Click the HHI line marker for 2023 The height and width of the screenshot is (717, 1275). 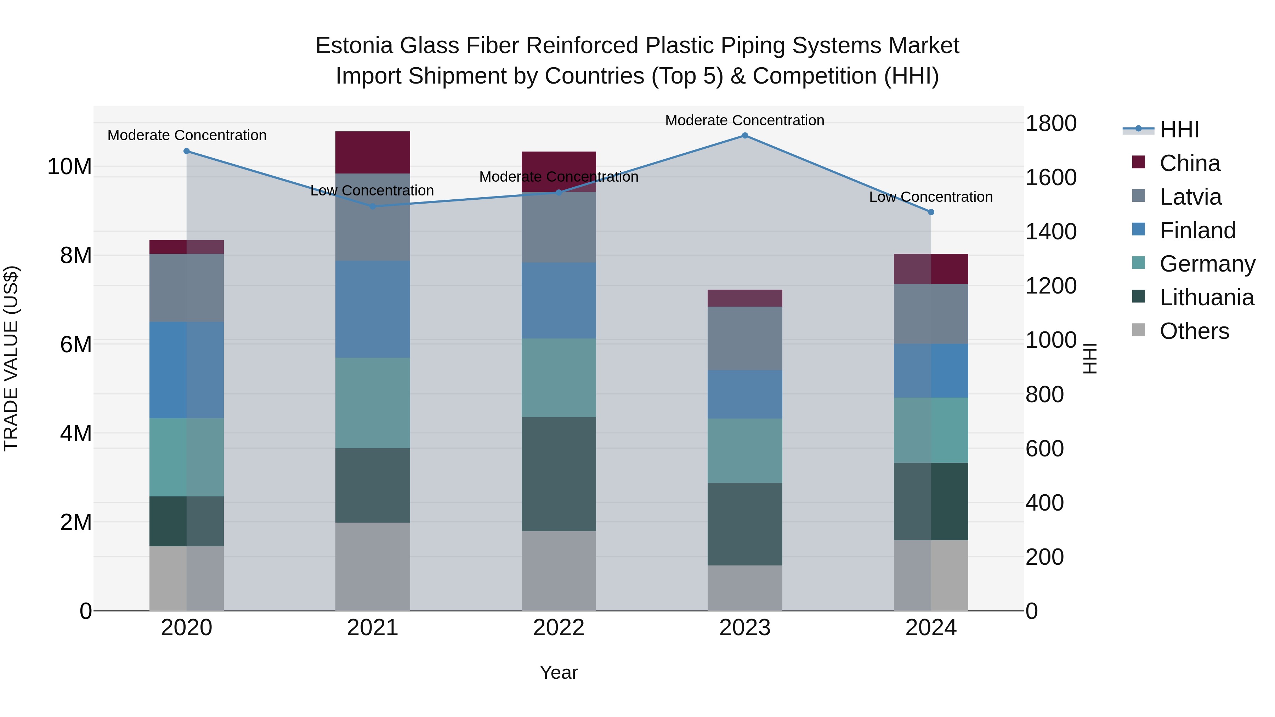[x=744, y=136]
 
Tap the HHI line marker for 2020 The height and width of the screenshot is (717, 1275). [x=187, y=151]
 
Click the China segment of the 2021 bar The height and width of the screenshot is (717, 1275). [x=372, y=152]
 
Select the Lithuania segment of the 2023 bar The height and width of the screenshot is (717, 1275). [x=744, y=524]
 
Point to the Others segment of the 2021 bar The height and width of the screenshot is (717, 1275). [x=372, y=567]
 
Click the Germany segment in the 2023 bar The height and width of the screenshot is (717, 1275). [x=744, y=451]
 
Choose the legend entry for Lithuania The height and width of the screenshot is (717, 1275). [x=1206, y=297]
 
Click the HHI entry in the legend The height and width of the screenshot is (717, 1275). [x=1178, y=130]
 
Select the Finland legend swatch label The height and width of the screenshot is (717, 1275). [x=1197, y=231]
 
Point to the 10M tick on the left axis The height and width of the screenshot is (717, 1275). [x=69, y=167]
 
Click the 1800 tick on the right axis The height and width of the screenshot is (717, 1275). [x=1050, y=123]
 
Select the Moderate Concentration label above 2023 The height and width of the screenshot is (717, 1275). [x=744, y=120]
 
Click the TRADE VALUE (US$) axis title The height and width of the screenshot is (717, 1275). [x=11, y=358]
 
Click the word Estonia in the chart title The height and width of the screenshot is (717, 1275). [x=355, y=46]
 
